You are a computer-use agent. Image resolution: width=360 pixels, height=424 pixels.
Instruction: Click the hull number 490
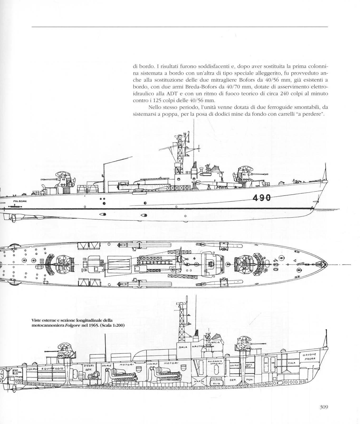(262, 197)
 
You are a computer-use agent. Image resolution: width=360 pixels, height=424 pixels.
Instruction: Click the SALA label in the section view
(183, 347)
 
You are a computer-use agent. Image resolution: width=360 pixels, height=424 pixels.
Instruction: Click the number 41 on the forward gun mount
(244, 174)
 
